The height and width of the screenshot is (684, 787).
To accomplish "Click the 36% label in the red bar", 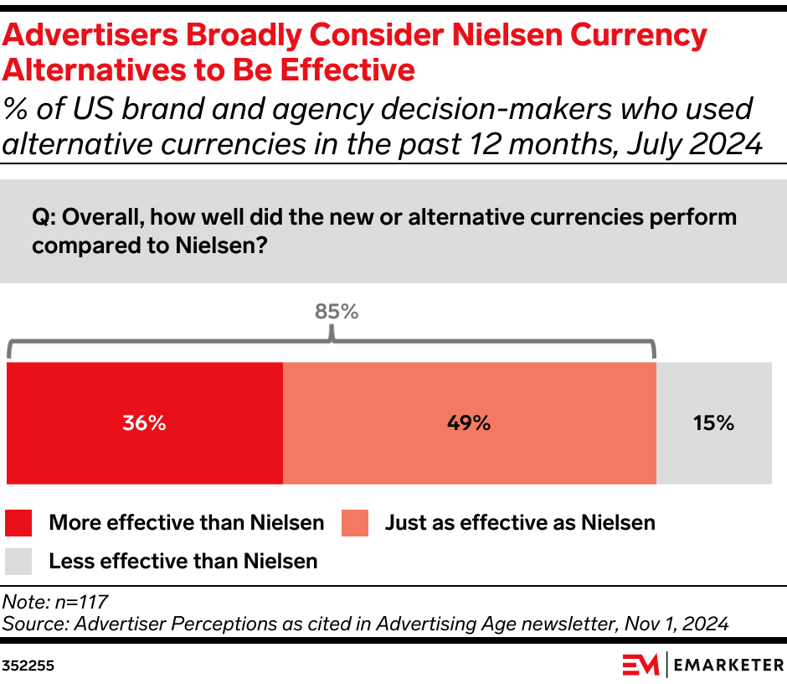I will point(144,423).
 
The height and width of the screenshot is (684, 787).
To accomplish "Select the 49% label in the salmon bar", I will point(468,423).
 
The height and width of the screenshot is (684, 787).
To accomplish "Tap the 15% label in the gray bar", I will point(713,423).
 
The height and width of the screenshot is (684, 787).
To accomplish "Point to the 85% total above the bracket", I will point(337,312).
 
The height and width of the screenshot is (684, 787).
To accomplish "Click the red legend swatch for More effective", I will point(18,523).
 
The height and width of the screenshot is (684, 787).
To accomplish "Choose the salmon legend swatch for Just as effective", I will point(354,523).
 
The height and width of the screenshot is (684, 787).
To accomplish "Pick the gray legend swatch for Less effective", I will point(18,561).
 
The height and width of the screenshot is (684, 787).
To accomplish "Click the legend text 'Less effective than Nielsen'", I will point(183,561).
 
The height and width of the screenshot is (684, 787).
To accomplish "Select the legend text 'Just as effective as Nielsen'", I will point(519,523).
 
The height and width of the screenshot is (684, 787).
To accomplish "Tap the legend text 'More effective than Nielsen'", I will point(186,523).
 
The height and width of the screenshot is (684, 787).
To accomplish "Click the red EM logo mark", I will point(641,665).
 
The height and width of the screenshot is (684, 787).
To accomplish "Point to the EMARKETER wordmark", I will point(728,665).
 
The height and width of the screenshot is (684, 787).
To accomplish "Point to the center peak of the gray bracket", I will point(332,336).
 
